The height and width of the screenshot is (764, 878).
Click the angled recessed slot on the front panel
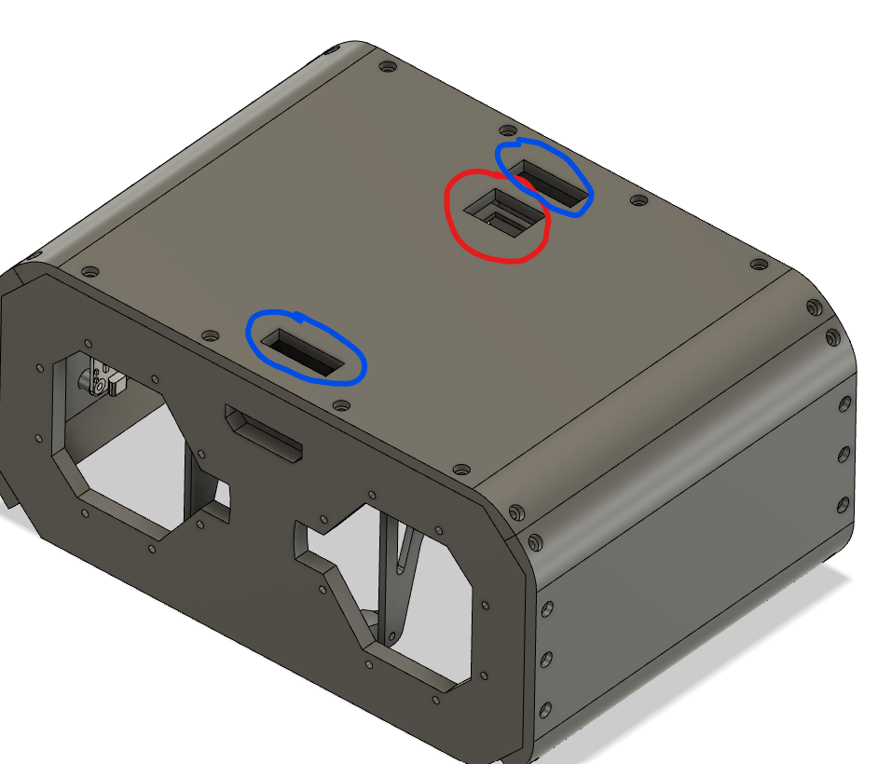[264, 434]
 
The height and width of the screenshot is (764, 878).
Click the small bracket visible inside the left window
[103, 381]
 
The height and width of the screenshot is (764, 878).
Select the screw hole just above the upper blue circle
[507, 130]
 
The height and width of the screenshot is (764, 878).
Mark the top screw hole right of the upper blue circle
[638, 200]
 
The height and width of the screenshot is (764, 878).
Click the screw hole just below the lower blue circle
[341, 406]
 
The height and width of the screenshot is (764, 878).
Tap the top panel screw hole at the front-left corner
[89, 272]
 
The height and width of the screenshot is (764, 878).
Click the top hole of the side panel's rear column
[844, 402]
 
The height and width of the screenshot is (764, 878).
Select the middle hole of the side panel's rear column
[844, 454]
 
